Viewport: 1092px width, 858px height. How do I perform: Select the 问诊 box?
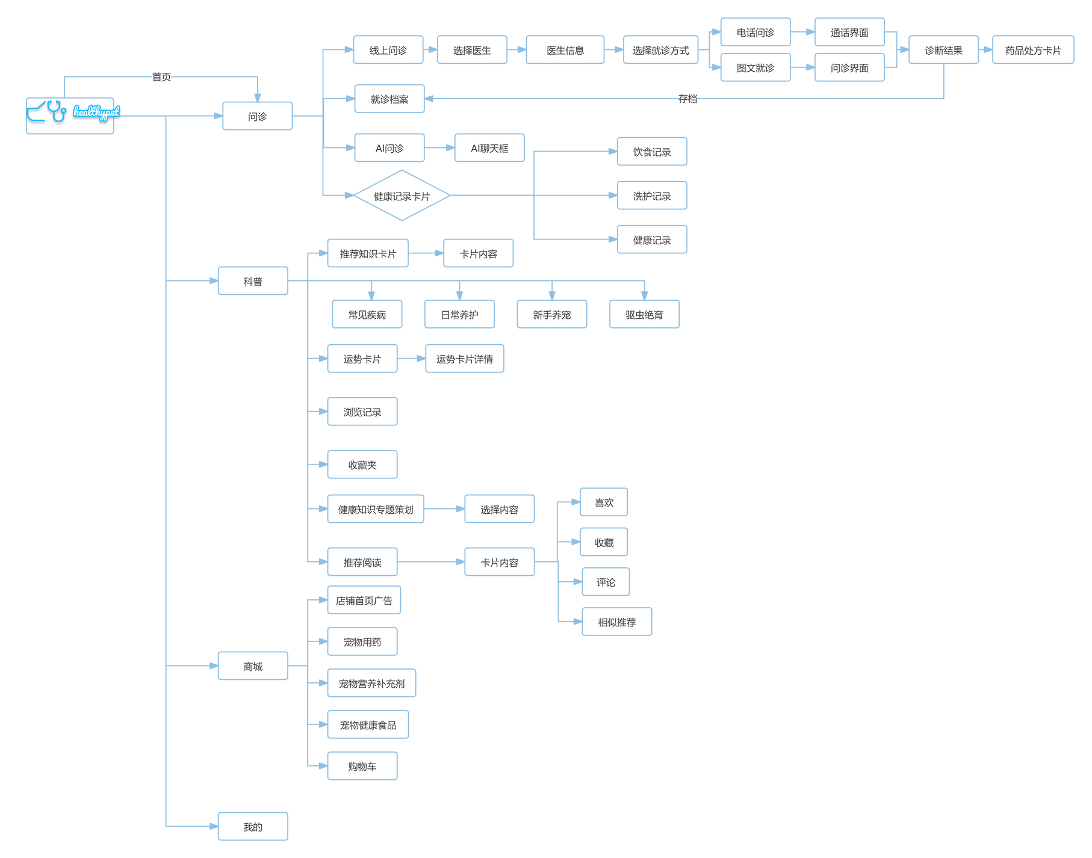coord(257,116)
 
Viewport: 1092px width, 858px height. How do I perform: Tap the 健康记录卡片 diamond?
coord(402,196)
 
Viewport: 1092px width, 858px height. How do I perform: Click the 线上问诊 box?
coord(388,50)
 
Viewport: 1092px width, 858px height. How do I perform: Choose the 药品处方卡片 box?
coord(1033,50)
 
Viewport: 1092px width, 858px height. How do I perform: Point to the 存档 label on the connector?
coord(687,99)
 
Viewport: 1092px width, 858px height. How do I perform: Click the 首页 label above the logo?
coord(161,77)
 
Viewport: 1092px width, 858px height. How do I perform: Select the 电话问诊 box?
coord(755,32)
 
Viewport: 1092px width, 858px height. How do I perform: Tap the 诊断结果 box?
coord(943,50)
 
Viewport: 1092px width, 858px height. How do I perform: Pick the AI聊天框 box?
coord(489,148)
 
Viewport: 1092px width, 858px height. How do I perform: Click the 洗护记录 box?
coord(652,196)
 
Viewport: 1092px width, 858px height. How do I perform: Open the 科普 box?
coord(253,281)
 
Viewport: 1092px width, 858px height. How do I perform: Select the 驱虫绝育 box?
coord(644,314)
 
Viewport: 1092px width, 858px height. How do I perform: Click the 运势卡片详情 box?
coord(465,359)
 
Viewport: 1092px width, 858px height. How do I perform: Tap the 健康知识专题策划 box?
coord(376,509)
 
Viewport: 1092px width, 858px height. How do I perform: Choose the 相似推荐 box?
coord(617,622)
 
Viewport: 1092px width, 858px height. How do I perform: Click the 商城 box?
coord(253,666)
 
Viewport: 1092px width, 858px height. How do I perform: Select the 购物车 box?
coord(362,766)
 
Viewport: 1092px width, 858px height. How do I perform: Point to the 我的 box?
coord(253,827)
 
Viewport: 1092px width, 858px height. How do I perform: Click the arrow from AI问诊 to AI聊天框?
coord(439,148)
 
